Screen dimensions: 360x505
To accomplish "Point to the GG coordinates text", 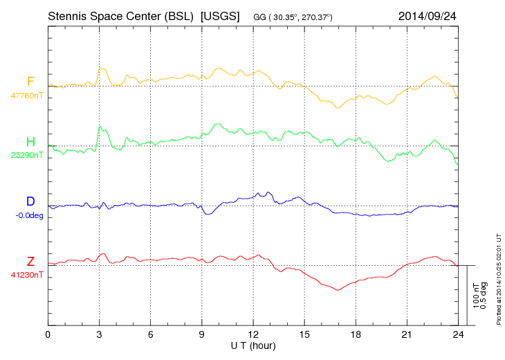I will point(293,17).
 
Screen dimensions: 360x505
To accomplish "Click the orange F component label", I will point(30,82).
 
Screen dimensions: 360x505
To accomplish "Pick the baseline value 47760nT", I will point(26,96).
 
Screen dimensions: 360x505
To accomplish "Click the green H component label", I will point(30,142).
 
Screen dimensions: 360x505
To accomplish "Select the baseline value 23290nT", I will point(26,155).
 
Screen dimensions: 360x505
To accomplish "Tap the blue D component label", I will point(30,201).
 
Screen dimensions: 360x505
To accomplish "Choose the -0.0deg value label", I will point(28,215).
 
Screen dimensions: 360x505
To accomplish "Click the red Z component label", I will point(30,261).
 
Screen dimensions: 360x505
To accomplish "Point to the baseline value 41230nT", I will point(26,275).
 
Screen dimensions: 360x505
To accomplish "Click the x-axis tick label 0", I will point(48,334).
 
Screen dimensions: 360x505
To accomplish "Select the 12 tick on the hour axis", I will point(253,334).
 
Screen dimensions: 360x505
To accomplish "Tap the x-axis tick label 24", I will point(458,334).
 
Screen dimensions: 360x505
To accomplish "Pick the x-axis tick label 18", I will point(356,334).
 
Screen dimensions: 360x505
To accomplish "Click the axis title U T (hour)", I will point(253,345).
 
